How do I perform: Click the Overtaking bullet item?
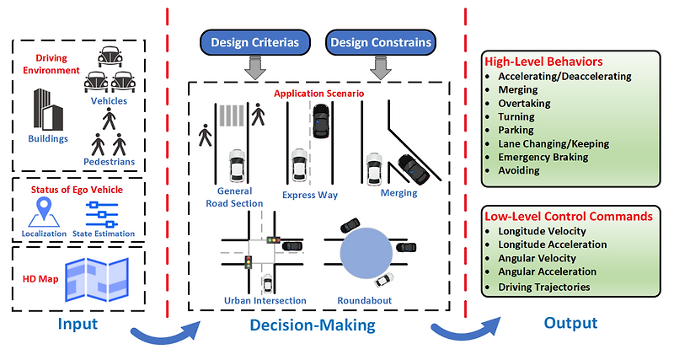coord(524,103)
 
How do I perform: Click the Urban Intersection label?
coord(265,300)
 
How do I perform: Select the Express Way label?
coord(310,196)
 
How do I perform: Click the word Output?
coord(570,323)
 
